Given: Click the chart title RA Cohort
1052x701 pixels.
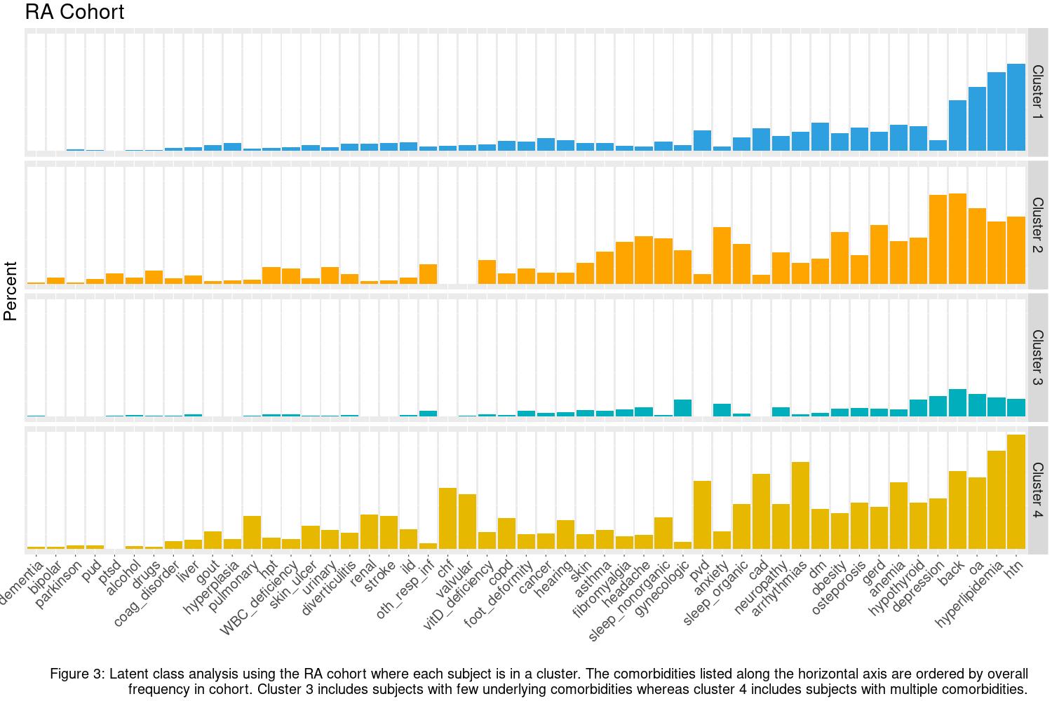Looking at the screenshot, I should point(74,12).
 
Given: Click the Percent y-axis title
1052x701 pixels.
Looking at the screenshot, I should point(11,291).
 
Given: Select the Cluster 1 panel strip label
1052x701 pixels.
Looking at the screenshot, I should point(1037,92).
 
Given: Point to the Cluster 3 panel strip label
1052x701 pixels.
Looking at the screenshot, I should point(1037,357).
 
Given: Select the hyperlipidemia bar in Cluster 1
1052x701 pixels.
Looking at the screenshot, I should point(996,111).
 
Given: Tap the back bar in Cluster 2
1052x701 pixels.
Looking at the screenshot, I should point(957,239).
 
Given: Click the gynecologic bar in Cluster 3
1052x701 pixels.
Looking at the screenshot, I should point(682,408).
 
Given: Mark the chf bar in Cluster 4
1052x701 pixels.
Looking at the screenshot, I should point(447,518).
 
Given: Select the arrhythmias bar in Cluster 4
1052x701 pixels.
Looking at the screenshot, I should point(800,505).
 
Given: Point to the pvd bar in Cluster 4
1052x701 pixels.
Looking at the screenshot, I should point(702,515).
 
